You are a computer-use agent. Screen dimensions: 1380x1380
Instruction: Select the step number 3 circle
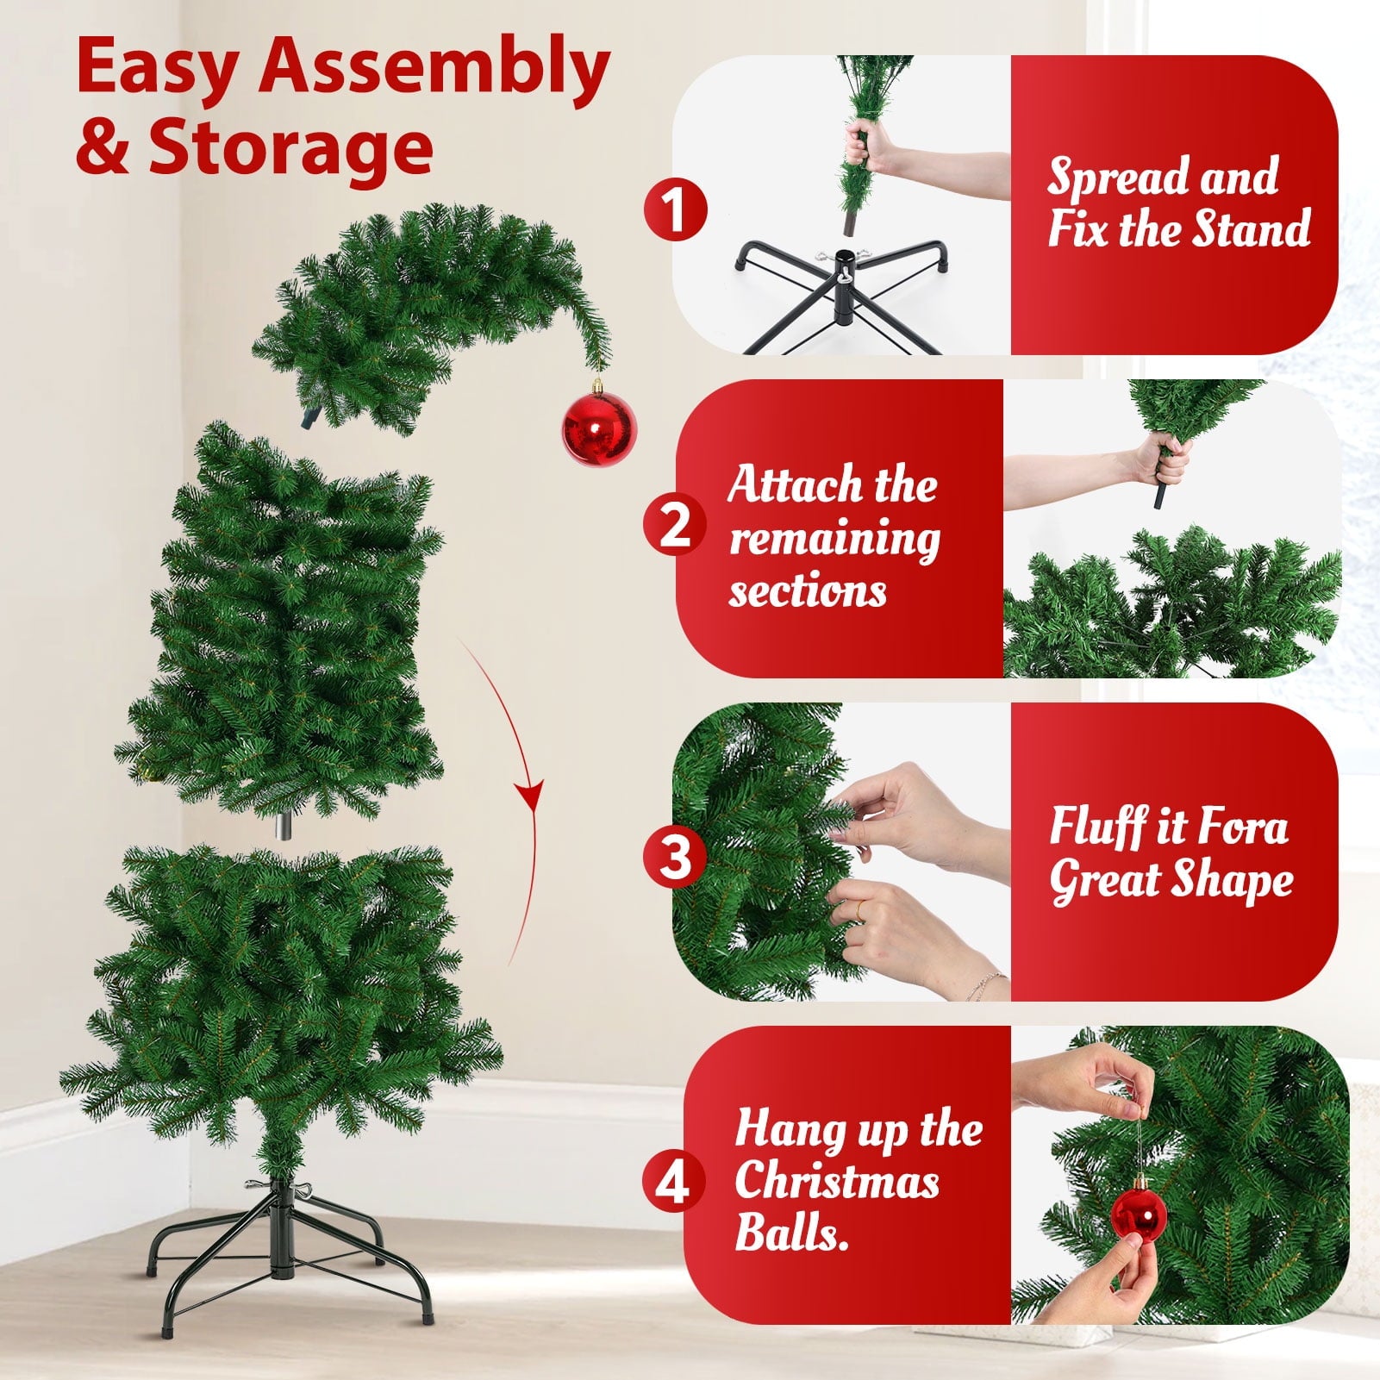[x=676, y=857]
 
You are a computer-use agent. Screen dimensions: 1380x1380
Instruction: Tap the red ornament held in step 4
[x=1139, y=1215]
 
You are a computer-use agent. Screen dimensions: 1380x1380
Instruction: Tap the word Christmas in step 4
[x=837, y=1181]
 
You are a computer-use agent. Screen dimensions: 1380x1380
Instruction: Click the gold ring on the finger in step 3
[x=862, y=908]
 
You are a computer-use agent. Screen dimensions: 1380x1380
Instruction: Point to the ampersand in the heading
[x=102, y=148]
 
